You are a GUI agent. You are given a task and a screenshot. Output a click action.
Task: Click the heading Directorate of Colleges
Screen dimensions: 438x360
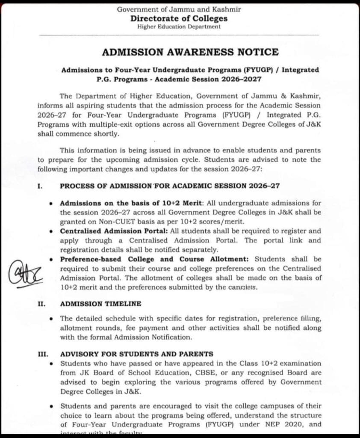click(x=179, y=18)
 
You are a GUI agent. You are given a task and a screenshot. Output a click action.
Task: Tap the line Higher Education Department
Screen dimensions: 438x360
click(x=179, y=27)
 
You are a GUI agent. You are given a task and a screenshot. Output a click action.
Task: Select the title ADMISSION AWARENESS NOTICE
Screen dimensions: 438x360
click(x=190, y=52)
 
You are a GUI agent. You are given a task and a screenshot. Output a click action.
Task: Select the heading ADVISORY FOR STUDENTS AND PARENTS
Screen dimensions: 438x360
click(x=136, y=354)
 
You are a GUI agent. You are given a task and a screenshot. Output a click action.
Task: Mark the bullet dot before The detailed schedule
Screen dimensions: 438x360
click(x=52, y=319)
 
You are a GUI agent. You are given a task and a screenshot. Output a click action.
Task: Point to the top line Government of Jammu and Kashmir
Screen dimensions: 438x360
click(x=179, y=10)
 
